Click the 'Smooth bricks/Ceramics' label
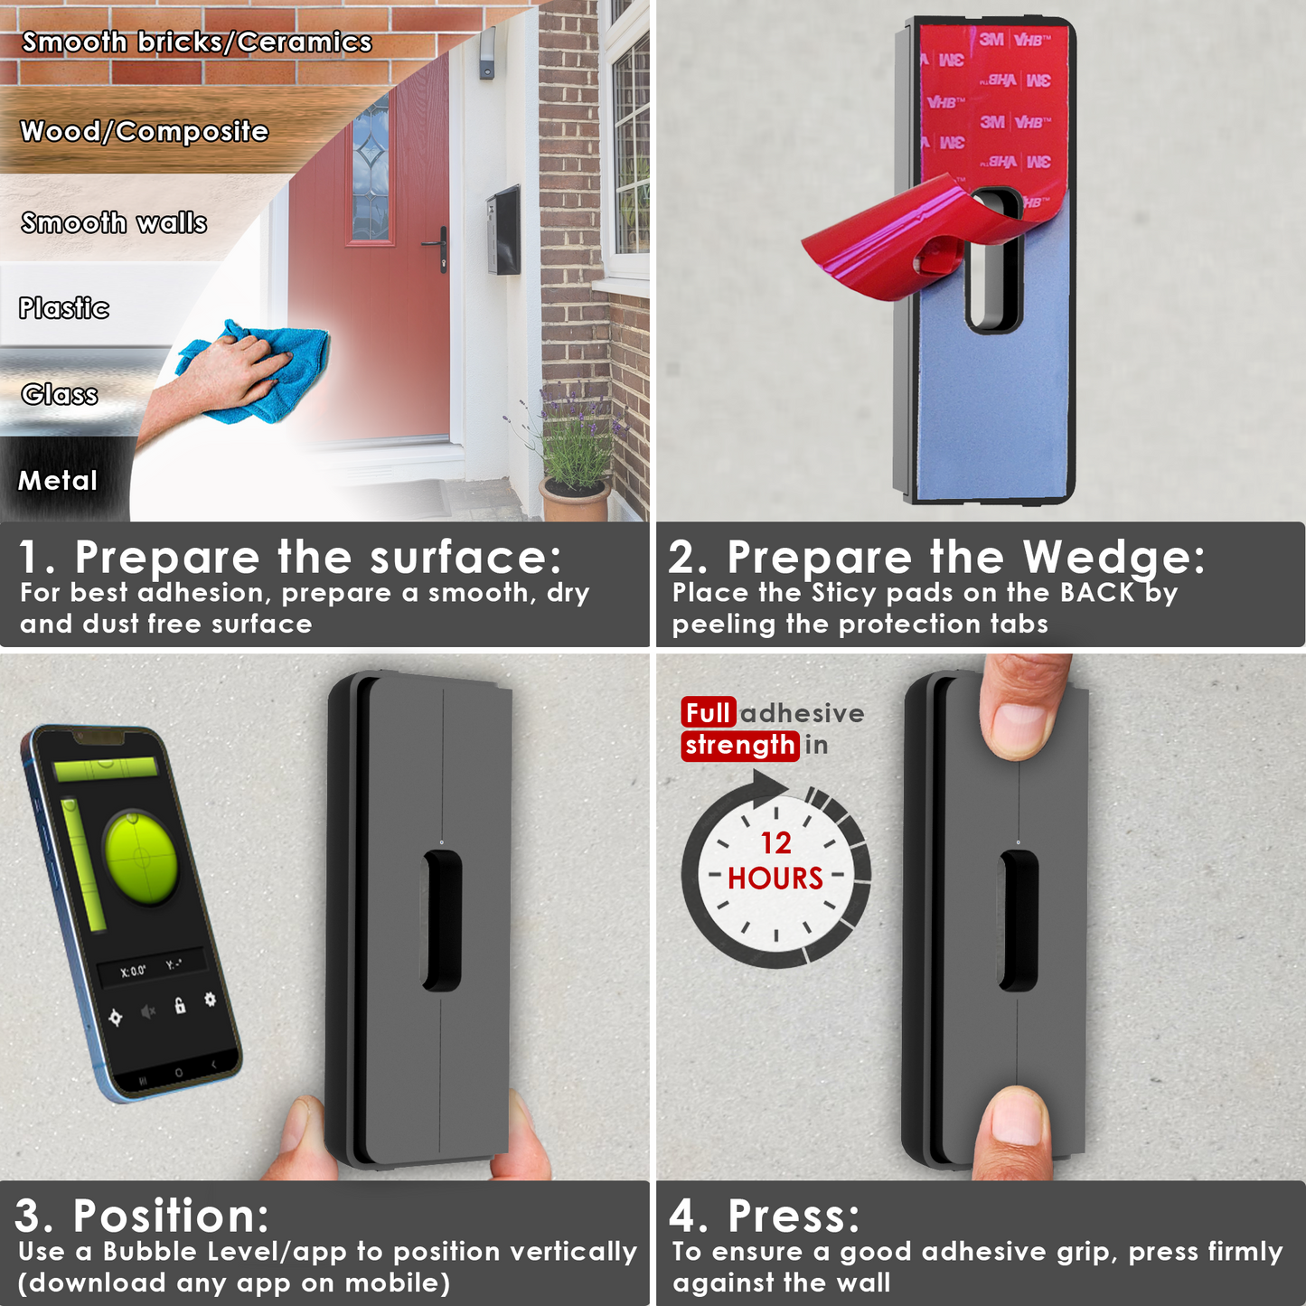pyautogui.click(x=197, y=42)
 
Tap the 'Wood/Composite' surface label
pyautogui.click(x=145, y=132)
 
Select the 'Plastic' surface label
pyautogui.click(x=64, y=308)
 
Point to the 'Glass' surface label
pyautogui.click(x=60, y=394)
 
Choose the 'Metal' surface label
pyautogui.click(x=58, y=480)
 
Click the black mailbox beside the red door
pyautogui.click(x=504, y=230)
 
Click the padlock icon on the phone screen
pyautogui.click(x=180, y=1005)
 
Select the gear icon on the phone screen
pyautogui.click(x=210, y=999)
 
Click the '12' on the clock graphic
pyautogui.click(x=775, y=842)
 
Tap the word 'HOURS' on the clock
pyautogui.click(x=775, y=878)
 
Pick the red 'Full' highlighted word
pyautogui.click(x=708, y=713)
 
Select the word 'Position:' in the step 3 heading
pyautogui.click(x=172, y=1216)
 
